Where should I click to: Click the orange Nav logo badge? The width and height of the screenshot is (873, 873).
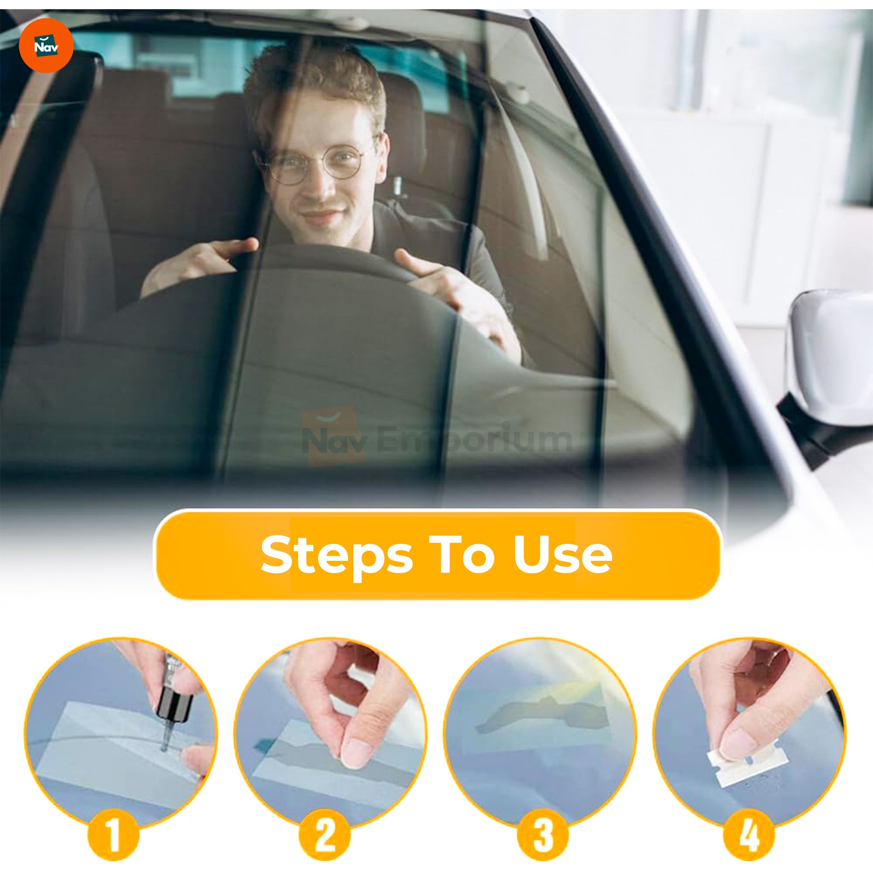pos(46,46)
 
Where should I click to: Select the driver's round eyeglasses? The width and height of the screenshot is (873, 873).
pos(319,163)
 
